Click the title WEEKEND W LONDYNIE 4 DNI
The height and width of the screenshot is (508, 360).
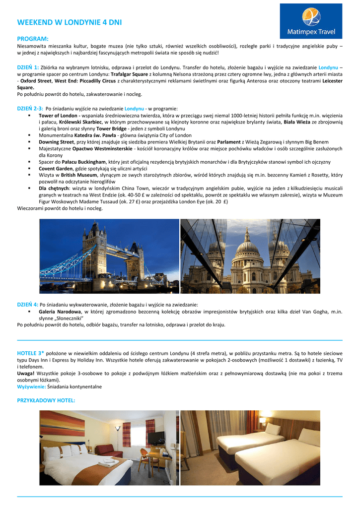(69, 22)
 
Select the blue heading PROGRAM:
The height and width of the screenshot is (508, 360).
(33, 39)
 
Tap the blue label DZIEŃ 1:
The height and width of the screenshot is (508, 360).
(28, 67)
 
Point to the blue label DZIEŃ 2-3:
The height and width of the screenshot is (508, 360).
(30, 109)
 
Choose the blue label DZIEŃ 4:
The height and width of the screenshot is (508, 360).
(28, 304)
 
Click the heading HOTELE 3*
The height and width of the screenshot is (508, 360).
(31, 353)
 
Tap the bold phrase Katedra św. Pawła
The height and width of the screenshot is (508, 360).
(94, 135)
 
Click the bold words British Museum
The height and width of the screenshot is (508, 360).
(75, 175)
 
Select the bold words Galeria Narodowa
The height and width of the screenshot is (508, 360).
(60, 312)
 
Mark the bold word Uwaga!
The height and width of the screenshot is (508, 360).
(26, 373)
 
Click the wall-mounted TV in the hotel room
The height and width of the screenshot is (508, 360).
(157, 437)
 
